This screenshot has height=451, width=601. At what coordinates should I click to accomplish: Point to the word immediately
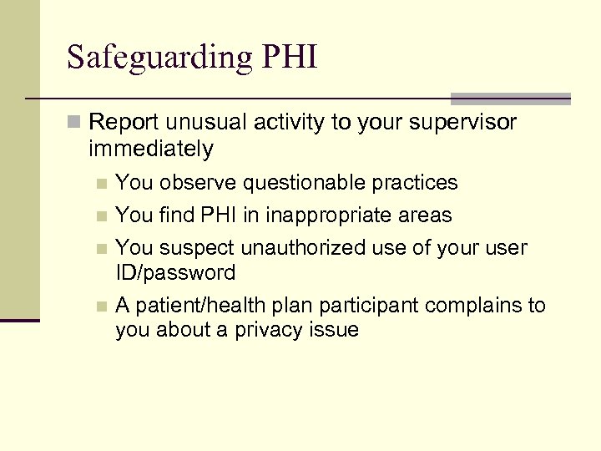coord(151,149)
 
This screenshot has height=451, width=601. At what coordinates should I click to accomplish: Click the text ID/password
coord(175,272)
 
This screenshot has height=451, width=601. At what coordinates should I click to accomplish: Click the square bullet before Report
coord(76,124)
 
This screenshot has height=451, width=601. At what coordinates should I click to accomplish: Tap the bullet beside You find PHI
coord(102,216)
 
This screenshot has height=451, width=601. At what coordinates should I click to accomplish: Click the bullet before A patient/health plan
coord(102,307)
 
